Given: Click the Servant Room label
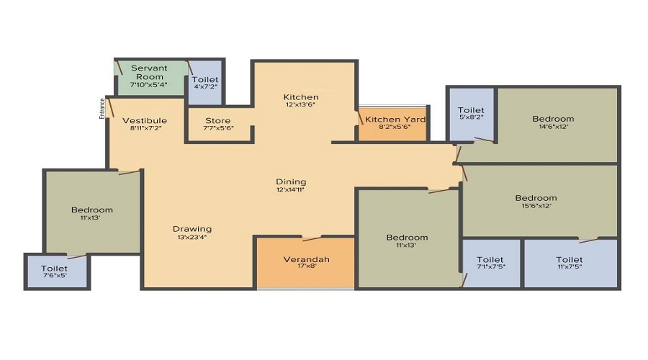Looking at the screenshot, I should click(149, 72).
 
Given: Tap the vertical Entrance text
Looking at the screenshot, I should click(102, 107).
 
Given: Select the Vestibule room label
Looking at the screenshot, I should click(145, 120).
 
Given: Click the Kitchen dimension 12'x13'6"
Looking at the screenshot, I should click(300, 105).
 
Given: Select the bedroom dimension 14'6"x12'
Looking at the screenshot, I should click(553, 128).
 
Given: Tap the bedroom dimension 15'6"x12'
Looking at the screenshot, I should click(536, 207).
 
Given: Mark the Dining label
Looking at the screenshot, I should click(291, 181).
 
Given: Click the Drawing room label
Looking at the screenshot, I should click(192, 229).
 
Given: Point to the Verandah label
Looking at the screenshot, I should click(306, 259).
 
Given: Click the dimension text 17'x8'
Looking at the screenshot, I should click(306, 268).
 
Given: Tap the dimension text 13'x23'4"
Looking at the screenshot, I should click(192, 238).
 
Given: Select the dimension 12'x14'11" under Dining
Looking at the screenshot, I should click(291, 190).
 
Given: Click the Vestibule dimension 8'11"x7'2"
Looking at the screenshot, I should click(145, 129).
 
